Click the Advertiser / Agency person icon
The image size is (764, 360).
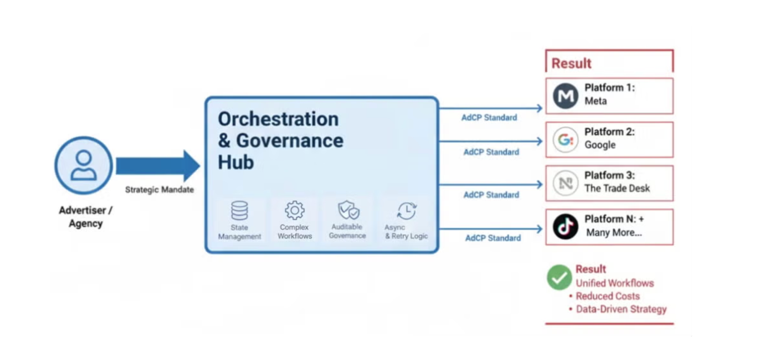(84, 165)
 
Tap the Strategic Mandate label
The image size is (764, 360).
(159, 190)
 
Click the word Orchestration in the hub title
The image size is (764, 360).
(278, 119)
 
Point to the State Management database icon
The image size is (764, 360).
(240, 211)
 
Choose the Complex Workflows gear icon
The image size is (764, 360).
(295, 210)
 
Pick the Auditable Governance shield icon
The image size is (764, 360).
(348, 210)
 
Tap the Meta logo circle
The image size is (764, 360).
(565, 96)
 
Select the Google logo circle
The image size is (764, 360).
(565, 140)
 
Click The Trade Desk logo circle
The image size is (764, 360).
(565, 183)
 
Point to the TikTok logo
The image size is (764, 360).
(565, 227)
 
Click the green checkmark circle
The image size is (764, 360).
(559, 277)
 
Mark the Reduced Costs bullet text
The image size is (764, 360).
(607, 296)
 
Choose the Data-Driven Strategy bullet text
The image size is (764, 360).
(621, 309)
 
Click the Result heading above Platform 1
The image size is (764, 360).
(571, 63)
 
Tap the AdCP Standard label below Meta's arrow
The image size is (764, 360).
(489, 118)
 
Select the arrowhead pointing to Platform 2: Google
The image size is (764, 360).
(539, 141)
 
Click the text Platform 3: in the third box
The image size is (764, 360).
(609, 175)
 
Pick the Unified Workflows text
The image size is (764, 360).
(615, 283)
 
